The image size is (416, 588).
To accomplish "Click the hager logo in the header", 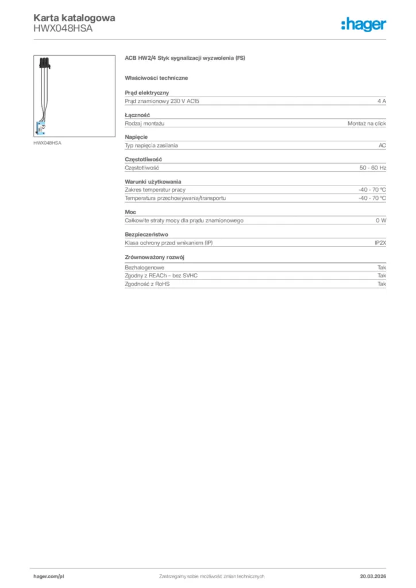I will [x=363, y=24].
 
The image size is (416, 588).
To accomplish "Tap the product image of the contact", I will [x=43, y=94].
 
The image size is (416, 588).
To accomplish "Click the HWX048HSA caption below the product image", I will [x=47, y=142].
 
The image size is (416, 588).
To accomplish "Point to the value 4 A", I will [x=382, y=101].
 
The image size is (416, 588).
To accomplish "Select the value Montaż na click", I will [x=367, y=123].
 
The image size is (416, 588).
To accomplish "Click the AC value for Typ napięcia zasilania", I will [x=382, y=145].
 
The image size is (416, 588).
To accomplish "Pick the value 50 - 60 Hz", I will [x=372, y=168].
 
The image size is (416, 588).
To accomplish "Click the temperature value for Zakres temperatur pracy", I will [x=372, y=189].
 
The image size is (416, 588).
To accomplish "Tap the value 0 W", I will [x=381, y=220].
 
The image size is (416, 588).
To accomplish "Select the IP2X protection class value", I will [x=380, y=243].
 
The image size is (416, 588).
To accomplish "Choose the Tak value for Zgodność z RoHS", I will [x=382, y=284].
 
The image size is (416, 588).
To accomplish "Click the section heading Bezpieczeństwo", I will [x=146, y=234].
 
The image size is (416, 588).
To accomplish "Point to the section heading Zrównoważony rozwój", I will [x=154, y=257].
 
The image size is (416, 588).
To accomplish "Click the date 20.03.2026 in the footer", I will [x=372, y=576].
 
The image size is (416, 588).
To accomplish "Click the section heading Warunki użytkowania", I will [x=153, y=181].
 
